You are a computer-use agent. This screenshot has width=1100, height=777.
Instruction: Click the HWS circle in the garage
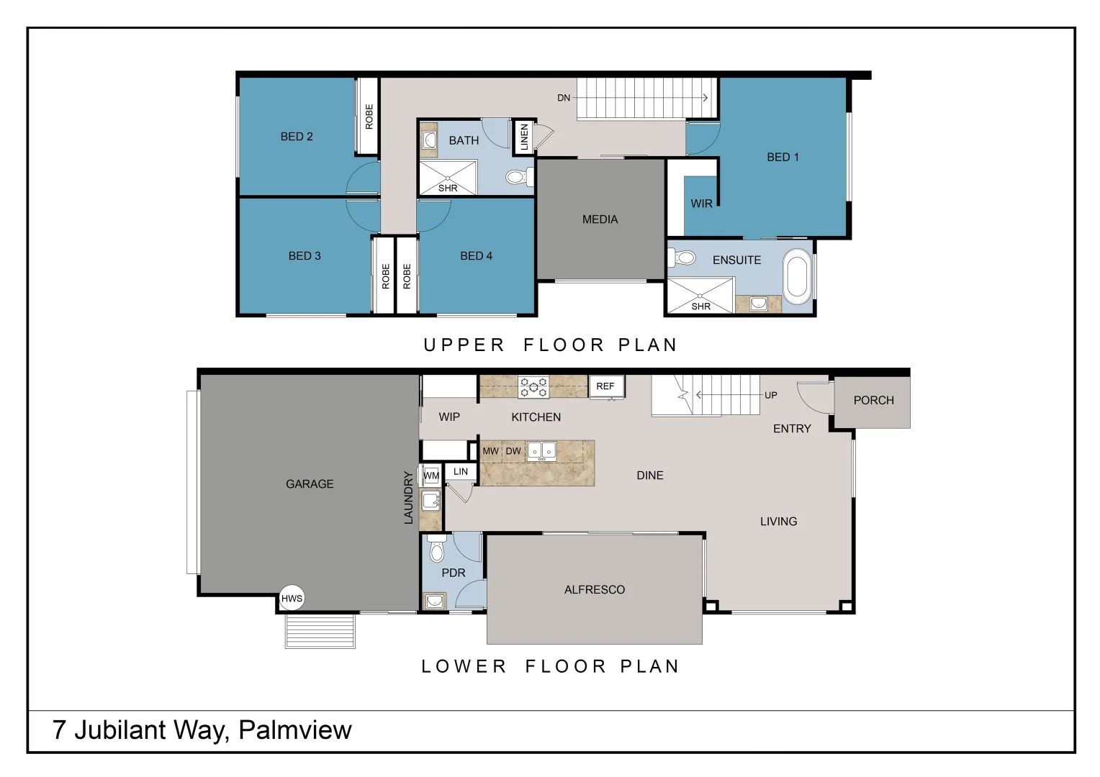click(x=292, y=598)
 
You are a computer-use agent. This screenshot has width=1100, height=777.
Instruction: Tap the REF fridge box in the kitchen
click(x=606, y=386)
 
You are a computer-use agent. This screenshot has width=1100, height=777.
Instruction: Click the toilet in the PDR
click(x=436, y=548)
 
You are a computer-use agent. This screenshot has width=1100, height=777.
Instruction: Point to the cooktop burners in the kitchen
click(x=533, y=387)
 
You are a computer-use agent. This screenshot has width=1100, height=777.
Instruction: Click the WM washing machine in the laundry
click(x=430, y=475)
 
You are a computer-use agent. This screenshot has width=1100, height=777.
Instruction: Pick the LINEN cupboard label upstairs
click(x=525, y=137)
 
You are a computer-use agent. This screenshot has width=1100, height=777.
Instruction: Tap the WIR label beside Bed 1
click(x=701, y=204)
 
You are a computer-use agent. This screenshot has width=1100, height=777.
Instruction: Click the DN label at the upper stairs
click(x=563, y=98)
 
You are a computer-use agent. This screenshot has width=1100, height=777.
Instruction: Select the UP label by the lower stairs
click(x=770, y=395)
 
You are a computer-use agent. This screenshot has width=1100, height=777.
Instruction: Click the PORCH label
click(x=873, y=401)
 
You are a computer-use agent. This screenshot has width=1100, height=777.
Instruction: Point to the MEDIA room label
click(x=600, y=219)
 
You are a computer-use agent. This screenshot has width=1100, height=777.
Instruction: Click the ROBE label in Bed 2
click(x=369, y=117)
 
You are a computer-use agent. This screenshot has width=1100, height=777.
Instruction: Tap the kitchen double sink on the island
click(x=541, y=451)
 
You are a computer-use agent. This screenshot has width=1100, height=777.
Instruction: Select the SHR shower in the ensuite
click(x=700, y=296)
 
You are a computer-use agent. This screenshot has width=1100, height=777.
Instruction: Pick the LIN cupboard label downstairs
click(x=460, y=472)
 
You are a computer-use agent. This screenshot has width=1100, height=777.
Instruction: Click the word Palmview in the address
click(x=295, y=730)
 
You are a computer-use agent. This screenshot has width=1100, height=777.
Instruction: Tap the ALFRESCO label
click(x=594, y=589)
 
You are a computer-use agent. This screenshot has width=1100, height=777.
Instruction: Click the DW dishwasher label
click(x=513, y=451)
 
